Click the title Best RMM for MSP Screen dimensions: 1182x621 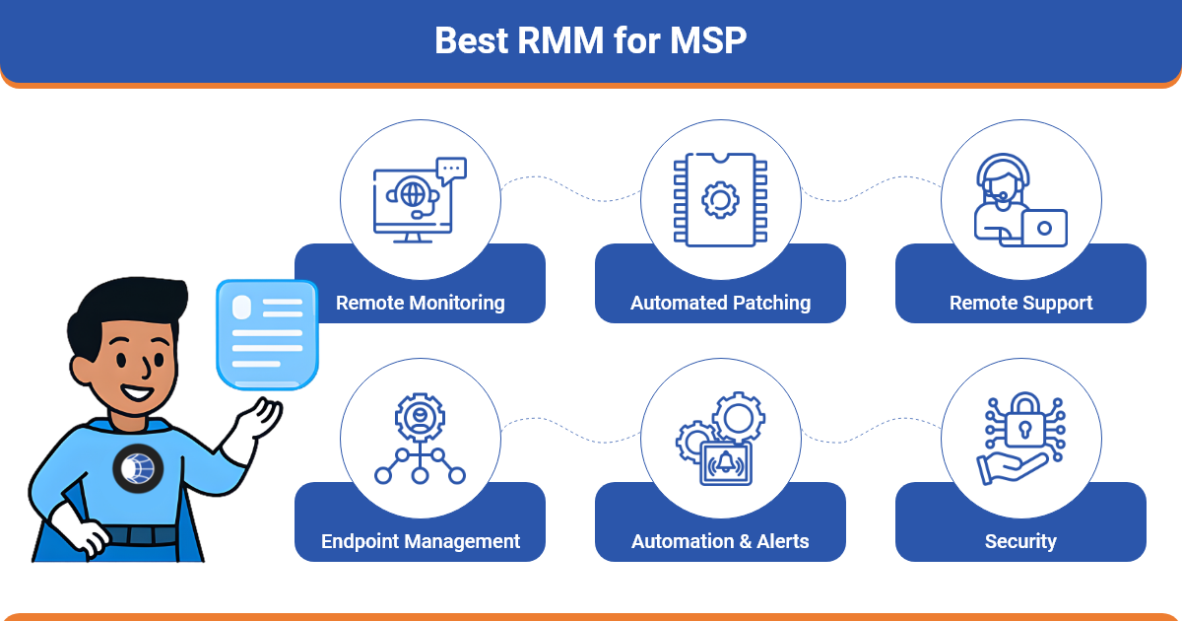(x=590, y=41)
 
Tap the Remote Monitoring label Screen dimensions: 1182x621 (x=420, y=303)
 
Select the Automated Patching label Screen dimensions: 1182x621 (x=720, y=303)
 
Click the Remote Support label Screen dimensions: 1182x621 (x=1020, y=303)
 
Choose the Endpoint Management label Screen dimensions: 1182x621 (x=420, y=541)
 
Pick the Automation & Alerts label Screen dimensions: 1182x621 (x=720, y=541)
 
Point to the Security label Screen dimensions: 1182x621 (x=1020, y=541)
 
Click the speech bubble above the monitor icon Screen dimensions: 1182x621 (x=451, y=171)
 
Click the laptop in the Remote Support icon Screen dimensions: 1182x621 (x=1044, y=228)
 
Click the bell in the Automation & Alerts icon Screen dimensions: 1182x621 (x=726, y=460)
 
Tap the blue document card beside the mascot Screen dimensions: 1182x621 (x=267, y=333)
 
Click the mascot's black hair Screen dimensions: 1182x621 (x=128, y=301)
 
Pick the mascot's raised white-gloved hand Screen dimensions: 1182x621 (x=258, y=419)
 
